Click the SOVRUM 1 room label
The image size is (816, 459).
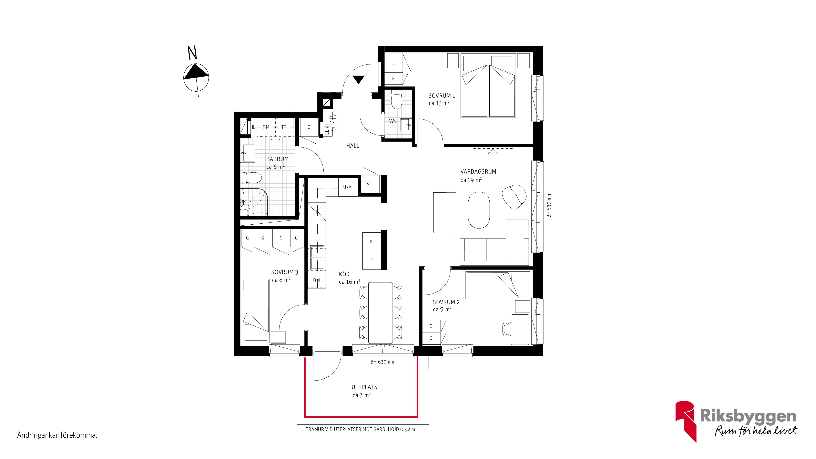coord(442,96)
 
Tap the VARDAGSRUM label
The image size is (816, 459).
coord(478,172)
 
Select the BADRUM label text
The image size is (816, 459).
coord(277,159)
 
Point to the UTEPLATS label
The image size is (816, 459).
coord(364,387)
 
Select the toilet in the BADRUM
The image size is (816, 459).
coord(252,178)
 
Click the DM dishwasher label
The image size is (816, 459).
coord(316,280)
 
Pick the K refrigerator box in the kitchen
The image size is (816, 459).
coord(371,241)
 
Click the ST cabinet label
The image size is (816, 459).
coord(369,184)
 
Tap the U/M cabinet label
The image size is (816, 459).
coord(347,187)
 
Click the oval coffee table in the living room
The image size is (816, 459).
coord(479,210)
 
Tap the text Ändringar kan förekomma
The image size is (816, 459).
coord(57,435)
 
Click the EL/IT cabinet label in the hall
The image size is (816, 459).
coord(327,129)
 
